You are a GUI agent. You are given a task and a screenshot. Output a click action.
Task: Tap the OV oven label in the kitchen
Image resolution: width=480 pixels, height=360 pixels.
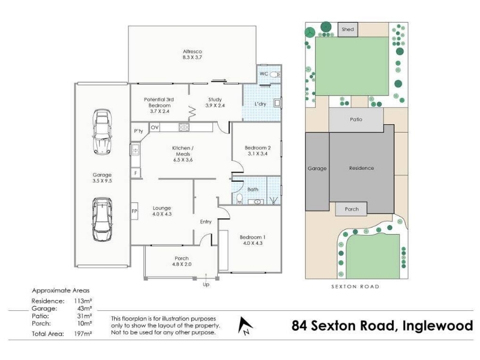[155, 127]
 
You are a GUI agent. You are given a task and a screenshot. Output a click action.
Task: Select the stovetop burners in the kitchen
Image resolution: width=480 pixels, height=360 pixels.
[184, 127]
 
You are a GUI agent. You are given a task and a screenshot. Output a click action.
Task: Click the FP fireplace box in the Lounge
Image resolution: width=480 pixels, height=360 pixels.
[134, 211]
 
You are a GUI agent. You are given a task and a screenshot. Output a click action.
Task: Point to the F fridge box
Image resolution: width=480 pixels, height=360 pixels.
[136, 173]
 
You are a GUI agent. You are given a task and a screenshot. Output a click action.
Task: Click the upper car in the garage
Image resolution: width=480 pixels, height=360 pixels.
[102, 131]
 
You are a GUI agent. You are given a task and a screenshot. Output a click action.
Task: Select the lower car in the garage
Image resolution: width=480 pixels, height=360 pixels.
[102, 219]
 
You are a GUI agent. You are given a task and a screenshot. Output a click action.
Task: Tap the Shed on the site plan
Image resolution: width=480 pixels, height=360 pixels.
[348, 29]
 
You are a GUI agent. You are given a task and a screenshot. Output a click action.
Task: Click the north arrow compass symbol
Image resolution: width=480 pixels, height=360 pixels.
[245, 325]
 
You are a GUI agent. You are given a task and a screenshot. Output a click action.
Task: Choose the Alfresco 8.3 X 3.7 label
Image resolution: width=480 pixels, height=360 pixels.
[192, 55]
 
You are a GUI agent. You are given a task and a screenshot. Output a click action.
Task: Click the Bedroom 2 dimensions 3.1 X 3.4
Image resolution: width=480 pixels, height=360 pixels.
[257, 154]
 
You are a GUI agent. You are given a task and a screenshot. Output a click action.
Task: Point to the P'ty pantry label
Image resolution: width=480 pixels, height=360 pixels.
[139, 131]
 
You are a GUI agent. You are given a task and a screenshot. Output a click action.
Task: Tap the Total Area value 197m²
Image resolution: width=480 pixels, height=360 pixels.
[83, 334]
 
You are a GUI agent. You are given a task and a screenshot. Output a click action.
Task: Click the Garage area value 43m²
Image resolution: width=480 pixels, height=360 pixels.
[85, 308]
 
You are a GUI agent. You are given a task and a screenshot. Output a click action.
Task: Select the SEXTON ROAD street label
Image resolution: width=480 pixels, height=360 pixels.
[355, 287]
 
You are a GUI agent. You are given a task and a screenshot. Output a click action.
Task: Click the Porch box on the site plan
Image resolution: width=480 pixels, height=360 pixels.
[351, 209]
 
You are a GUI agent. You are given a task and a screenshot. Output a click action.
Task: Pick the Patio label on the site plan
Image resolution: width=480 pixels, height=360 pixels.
[356, 119]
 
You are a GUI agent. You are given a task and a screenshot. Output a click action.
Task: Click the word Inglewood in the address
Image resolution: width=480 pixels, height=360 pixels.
[438, 325]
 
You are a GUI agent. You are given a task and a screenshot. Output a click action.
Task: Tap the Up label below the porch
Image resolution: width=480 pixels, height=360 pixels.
[206, 284]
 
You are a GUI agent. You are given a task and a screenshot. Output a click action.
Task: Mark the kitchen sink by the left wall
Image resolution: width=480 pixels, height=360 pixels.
[136, 149]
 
